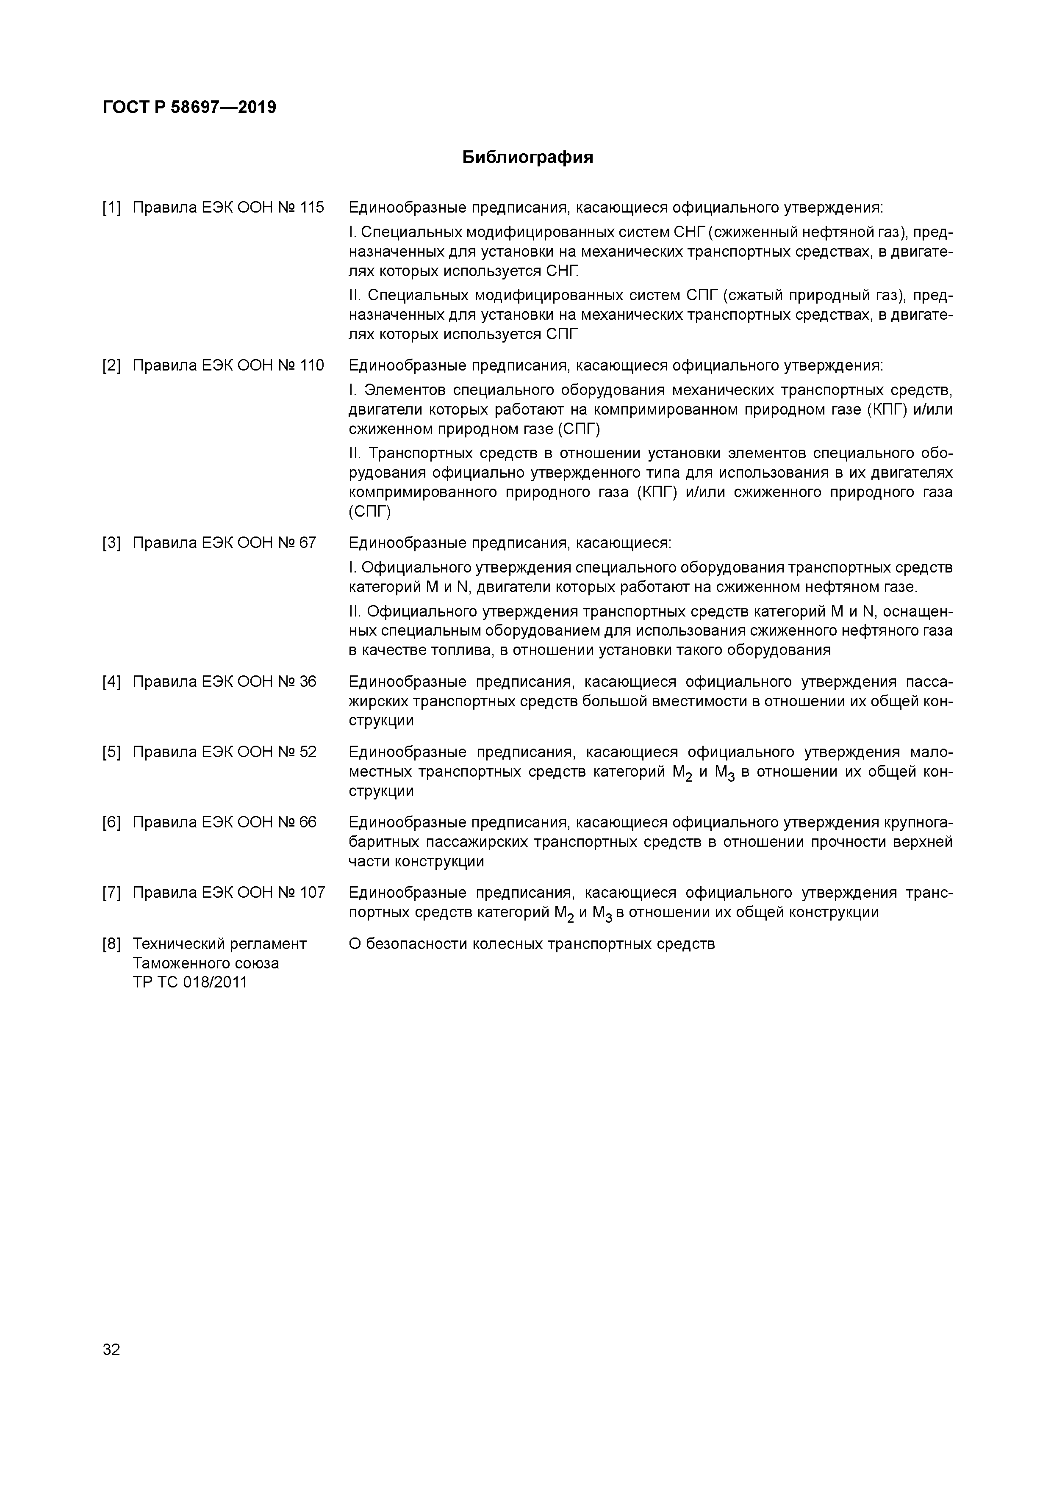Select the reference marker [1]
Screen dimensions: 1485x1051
coord(111,207)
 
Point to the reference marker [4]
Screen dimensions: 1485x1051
coord(111,682)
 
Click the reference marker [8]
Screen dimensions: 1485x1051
coord(111,944)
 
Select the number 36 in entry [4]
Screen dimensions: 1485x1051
coord(308,682)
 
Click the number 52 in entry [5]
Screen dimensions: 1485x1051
coord(308,752)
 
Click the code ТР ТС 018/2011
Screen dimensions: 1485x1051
coord(190,982)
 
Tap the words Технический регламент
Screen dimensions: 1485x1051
coord(219,944)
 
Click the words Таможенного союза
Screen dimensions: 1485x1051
coord(206,963)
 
